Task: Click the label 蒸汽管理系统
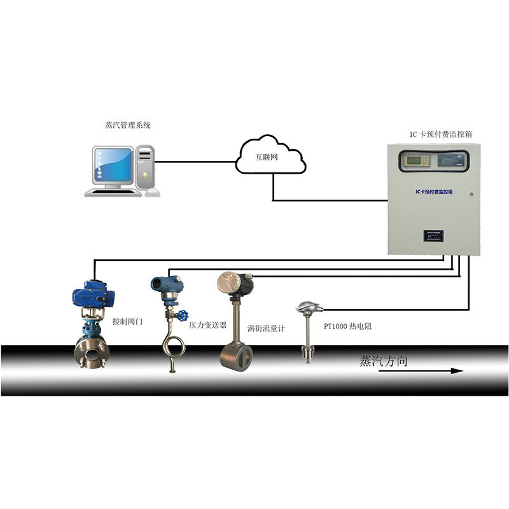pos(127,126)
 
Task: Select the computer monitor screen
pos(113,165)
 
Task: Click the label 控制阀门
pos(127,322)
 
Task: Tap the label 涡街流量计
pos(266,328)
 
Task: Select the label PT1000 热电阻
pos(347,326)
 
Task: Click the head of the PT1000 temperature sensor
pos(307,309)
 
